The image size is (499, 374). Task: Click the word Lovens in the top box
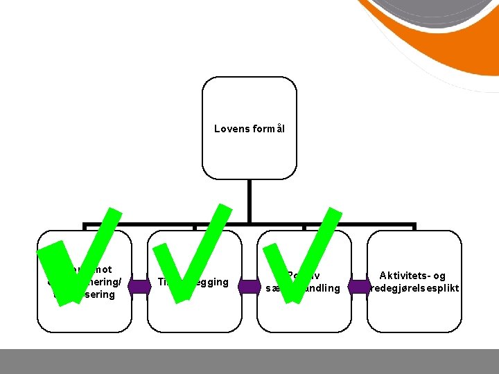coord(229,129)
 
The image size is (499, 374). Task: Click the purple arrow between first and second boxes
coord(139,286)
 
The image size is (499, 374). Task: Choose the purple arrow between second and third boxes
coord(249,286)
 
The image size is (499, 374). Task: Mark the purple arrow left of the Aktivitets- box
coord(359,286)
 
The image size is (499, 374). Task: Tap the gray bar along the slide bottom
coord(249,361)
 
